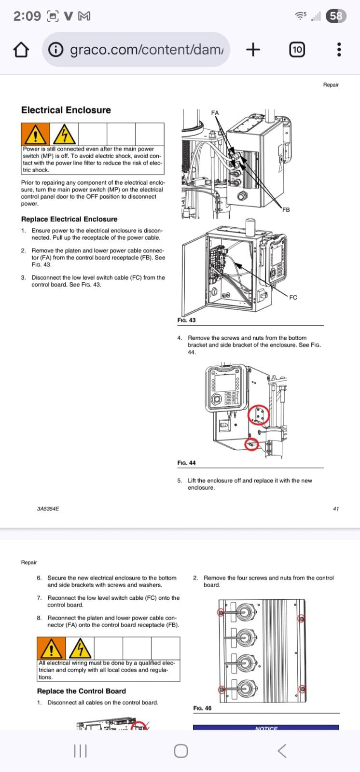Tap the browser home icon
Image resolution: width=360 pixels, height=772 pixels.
tap(21, 50)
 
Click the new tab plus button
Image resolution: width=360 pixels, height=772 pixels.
tap(253, 49)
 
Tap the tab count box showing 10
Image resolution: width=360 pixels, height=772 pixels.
tap(297, 49)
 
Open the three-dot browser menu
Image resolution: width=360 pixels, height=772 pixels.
tap(339, 49)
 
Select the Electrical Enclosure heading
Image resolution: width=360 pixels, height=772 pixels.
tap(66, 110)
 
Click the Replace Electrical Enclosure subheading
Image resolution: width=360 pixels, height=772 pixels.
tap(69, 219)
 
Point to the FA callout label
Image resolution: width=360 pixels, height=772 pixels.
tap(215, 113)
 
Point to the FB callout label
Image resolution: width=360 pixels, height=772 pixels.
tap(286, 210)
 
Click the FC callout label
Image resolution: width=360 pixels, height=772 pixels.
tap(293, 298)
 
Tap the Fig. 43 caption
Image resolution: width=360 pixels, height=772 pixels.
tap(186, 320)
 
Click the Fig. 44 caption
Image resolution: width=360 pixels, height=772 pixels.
tap(186, 463)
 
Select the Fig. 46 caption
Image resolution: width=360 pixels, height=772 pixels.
tap(202, 708)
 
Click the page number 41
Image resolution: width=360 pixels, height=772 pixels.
tap(336, 509)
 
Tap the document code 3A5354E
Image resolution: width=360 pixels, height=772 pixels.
tap(48, 509)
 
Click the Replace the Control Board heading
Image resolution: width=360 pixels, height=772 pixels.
tap(81, 691)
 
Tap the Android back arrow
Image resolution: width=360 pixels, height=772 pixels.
tap(282, 751)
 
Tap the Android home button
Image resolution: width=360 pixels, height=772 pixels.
tap(180, 751)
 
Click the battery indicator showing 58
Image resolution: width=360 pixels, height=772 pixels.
tap(336, 16)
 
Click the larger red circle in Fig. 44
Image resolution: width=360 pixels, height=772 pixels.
tap(259, 414)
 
